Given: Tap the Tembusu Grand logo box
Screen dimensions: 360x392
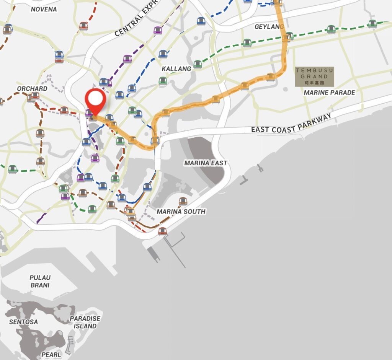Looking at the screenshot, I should [314, 77].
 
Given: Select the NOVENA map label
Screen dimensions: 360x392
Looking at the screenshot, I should [44, 9].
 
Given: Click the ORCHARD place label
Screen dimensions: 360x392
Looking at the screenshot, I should [32, 88].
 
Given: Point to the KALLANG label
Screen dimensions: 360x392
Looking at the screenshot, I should [176, 69].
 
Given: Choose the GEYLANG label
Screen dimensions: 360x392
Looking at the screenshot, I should [269, 27].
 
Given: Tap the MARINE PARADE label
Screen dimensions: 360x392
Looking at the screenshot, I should [329, 92].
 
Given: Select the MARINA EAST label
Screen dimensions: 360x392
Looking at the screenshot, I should [206, 163].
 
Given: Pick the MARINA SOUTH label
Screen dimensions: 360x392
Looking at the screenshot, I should [181, 212].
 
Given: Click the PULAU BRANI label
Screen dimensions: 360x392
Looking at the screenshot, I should [40, 281].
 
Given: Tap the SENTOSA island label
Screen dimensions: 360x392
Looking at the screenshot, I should [24, 322].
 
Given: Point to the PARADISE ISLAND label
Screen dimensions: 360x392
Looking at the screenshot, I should [85, 322].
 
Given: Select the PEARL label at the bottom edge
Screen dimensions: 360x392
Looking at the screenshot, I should [51, 355].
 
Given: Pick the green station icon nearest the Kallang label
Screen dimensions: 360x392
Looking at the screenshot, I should [197, 64].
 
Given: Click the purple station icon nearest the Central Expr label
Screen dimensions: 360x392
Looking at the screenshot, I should [157, 30].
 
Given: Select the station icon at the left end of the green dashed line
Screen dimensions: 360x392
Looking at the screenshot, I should [13, 169].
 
